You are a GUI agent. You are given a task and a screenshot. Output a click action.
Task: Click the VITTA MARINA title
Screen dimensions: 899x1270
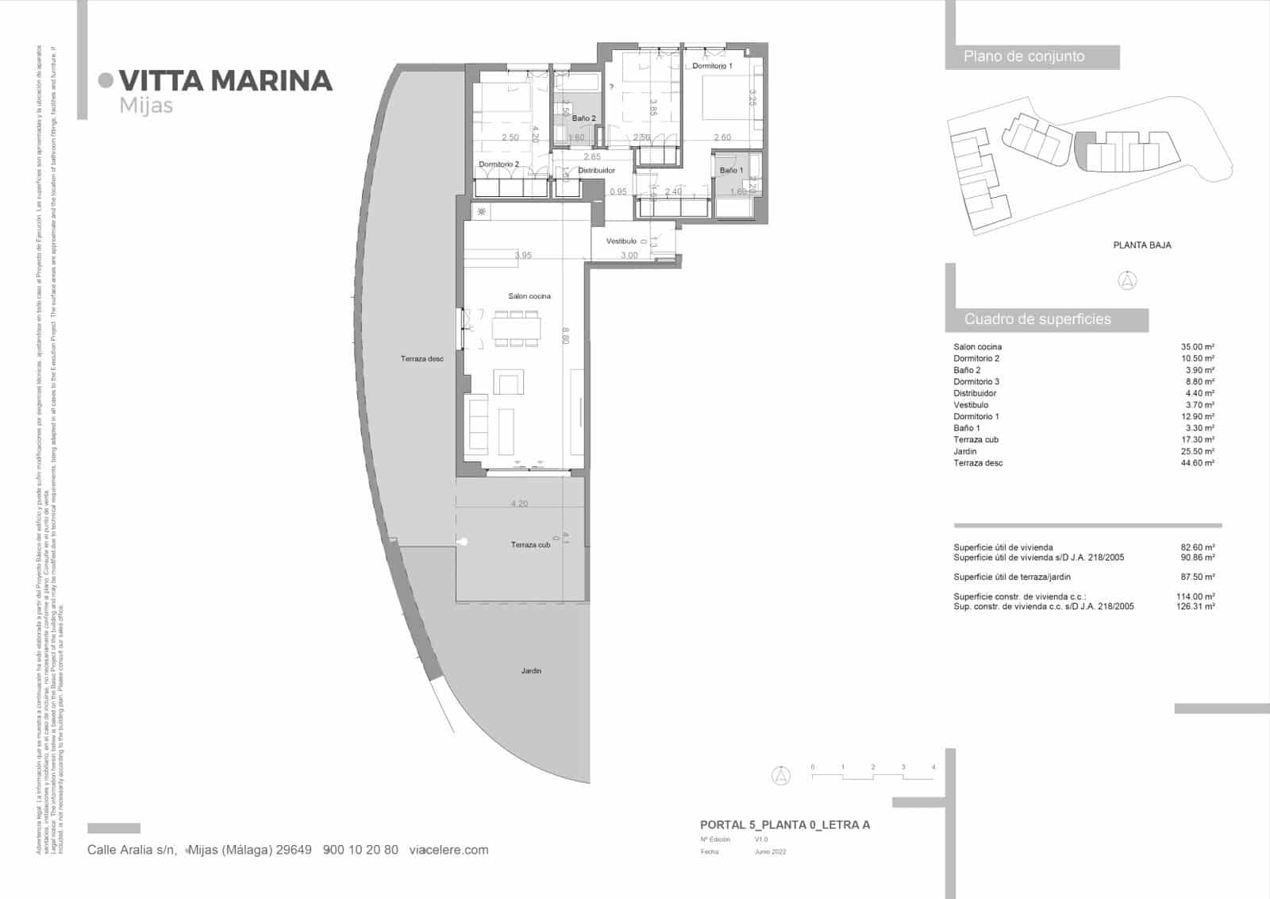click(x=225, y=81)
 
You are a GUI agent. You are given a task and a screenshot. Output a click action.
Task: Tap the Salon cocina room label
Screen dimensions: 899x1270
click(x=529, y=296)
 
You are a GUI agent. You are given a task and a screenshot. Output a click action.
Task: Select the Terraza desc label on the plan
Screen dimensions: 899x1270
click(x=421, y=359)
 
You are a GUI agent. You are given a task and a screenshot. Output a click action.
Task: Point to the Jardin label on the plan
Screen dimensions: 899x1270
click(x=531, y=671)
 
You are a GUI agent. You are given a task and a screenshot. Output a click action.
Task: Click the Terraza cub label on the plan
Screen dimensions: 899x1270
click(x=530, y=545)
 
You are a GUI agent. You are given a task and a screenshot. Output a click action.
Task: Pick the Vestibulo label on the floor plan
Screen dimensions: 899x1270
click(x=622, y=241)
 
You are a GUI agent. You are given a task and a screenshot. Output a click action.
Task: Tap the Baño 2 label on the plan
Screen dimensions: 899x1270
click(x=583, y=118)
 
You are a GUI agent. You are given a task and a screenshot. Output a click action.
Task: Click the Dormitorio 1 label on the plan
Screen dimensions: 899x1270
click(x=712, y=66)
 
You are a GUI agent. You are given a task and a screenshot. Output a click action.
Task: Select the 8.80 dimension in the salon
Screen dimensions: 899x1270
click(x=565, y=336)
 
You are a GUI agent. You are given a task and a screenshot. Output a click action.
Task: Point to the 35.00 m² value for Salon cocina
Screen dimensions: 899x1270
click(x=1198, y=347)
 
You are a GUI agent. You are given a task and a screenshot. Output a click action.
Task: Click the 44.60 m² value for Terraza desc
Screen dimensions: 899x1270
click(x=1198, y=463)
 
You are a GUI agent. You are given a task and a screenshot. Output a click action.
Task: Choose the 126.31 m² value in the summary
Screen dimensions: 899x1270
click(x=1195, y=607)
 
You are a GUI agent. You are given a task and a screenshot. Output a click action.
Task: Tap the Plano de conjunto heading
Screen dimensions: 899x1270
click(x=1024, y=56)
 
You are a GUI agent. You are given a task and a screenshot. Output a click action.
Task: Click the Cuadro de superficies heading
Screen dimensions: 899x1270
click(x=1037, y=319)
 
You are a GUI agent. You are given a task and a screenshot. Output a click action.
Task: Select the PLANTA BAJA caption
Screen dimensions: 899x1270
click(x=1142, y=245)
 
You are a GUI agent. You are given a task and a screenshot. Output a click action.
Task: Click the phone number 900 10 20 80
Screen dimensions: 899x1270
click(x=361, y=850)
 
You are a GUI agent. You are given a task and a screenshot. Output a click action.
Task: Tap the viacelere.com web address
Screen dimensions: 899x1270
click(x=448, y=850)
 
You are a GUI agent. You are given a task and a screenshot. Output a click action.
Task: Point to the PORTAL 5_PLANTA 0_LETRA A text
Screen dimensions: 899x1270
click(x=785, y=825)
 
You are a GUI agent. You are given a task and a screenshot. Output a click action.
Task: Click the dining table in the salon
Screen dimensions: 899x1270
click(x=517, y=328)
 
